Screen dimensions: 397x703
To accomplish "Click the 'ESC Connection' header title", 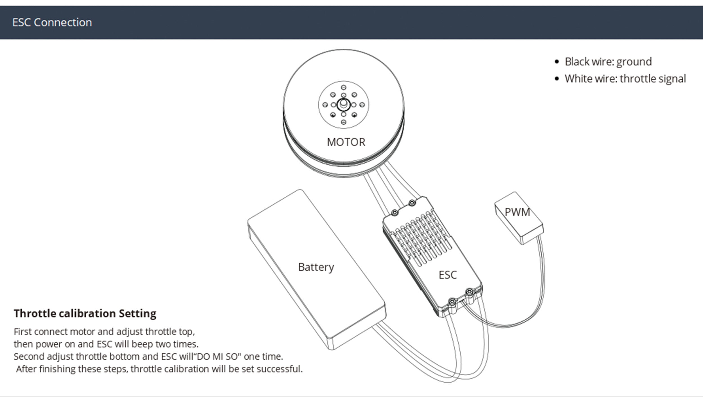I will [52, 22].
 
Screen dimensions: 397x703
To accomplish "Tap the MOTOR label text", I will [346, 142].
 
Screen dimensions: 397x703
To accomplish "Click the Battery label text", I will [316, 267].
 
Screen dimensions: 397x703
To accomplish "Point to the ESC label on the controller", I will [447, 275].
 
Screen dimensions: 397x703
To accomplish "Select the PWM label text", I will [517, 212].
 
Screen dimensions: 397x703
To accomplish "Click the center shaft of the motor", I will [343, 104].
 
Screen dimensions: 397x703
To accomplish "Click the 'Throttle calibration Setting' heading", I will [85, 313].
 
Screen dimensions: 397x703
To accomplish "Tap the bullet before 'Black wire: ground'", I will [557, 62].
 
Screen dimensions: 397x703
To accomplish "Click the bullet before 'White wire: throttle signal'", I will [557, 79].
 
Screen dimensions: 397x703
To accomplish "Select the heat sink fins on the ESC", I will [419, 239].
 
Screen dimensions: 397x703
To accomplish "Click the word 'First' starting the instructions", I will [22, 332].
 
